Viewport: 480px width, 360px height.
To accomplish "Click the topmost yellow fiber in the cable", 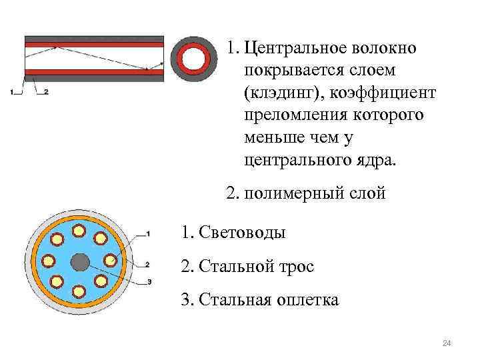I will coord(79,230).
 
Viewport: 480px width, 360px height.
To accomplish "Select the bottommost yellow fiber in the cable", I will coord(79,291).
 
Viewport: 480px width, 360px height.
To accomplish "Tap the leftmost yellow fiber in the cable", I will coord(48,261).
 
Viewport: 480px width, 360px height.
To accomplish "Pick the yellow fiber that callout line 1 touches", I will coord(101,238).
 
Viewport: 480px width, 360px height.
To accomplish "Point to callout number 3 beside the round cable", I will coord(149,282).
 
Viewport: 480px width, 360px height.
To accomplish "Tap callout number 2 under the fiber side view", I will coord(46,92).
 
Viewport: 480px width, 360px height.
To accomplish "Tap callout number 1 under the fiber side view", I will coord(13,92).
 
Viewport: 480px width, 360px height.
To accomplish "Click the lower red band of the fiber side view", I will coord(93,71).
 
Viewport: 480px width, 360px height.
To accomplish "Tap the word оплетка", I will coord(306,300).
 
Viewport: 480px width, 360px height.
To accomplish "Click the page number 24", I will coord(447,343).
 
